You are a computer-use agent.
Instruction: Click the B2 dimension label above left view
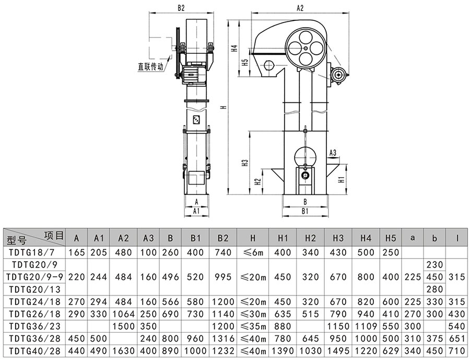(x=181, y=8)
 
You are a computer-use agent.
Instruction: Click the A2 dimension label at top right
(x=300, y=8)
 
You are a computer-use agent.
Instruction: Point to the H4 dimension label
(x=234, y=48)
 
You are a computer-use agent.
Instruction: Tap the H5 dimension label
(x=245, y=62)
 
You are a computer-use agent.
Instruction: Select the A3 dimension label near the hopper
(x=333, y=153)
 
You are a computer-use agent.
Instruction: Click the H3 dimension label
(x=245, y=163)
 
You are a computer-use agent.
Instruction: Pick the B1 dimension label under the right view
(x=305, y=211)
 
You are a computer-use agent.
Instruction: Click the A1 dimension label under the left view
(x=196, y=211)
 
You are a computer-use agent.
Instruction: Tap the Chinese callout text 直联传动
(x=150, y=66)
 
